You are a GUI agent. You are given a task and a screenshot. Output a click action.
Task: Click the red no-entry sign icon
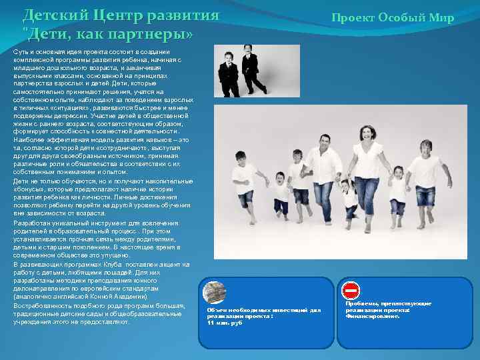click(x=351, y=290)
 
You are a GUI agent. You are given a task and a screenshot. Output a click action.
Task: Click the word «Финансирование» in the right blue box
click(x=372, y=316)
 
